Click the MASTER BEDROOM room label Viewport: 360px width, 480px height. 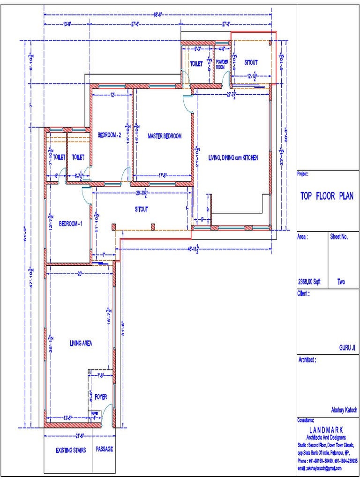[165, 136]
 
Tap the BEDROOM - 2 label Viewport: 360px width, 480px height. [110, 135]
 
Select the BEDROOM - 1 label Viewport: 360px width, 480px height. [71, 224]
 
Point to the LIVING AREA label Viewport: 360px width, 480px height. [81, 343]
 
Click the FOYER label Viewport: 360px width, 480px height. [101, 397]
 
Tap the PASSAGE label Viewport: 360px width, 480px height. [105, 449]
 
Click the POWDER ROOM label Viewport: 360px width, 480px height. [222, 64]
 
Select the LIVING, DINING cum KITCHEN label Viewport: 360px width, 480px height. [233, 158]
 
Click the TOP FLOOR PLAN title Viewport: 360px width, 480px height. [327, 196]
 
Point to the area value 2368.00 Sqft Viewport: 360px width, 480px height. [309, 282]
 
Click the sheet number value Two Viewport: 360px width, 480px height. [341, 282]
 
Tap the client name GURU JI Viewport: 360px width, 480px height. [348, 348]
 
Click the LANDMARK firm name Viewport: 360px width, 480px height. [326, 429]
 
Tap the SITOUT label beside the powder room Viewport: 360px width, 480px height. [251, 62]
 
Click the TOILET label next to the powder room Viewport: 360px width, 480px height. [196, 63]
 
